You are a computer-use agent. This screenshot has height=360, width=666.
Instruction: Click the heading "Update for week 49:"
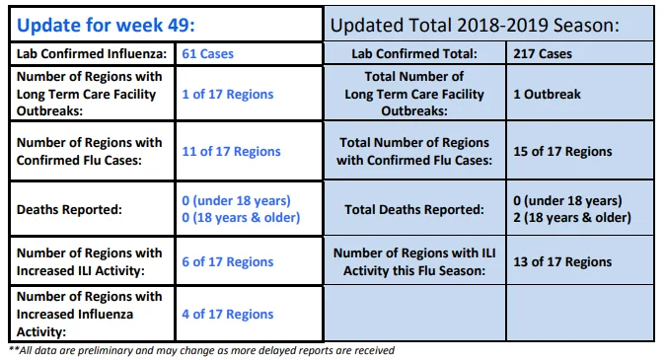(x=106, y=25)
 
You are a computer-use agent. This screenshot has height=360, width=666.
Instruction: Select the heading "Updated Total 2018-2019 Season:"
(x=475, y=25)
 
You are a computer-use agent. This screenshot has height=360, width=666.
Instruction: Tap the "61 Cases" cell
(x=208, y=54)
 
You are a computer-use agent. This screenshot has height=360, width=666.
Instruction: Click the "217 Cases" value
(x=543, y=54)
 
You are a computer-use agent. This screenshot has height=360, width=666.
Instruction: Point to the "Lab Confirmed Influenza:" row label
(x=92, y=54)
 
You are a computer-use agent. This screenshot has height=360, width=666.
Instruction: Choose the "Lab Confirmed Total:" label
(x=414, y=54)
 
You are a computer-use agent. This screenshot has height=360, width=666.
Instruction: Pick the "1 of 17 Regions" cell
(x=228, y=94)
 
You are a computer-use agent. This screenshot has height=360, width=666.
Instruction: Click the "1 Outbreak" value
(x=547, y=94)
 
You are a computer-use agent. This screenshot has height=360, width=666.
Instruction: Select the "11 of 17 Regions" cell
(x=231, y=152)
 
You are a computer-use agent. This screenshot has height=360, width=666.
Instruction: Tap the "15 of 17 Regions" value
(x=562, y=152)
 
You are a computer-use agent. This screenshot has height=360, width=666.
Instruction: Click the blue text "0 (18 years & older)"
(x=241, y=218)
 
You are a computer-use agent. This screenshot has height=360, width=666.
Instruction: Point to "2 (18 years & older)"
(x=572, y=218)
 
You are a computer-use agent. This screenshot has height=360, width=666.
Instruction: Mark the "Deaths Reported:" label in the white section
(x=69, y=210)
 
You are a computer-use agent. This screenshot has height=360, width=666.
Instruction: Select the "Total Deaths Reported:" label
(x=414, y=210)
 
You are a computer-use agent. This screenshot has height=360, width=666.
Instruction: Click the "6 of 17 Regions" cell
(x=228, y=262)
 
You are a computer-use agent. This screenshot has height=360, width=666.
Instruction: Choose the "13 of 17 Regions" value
(x=562, y=262)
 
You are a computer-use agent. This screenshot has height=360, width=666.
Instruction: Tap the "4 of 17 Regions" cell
(x=228, y=315)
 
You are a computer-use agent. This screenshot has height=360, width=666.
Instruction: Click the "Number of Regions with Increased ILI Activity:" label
(x=89, y=262)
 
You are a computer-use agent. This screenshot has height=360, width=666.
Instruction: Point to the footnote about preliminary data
(x=201, y=351)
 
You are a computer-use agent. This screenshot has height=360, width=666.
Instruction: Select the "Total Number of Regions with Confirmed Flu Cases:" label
(x=414, y=152)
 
